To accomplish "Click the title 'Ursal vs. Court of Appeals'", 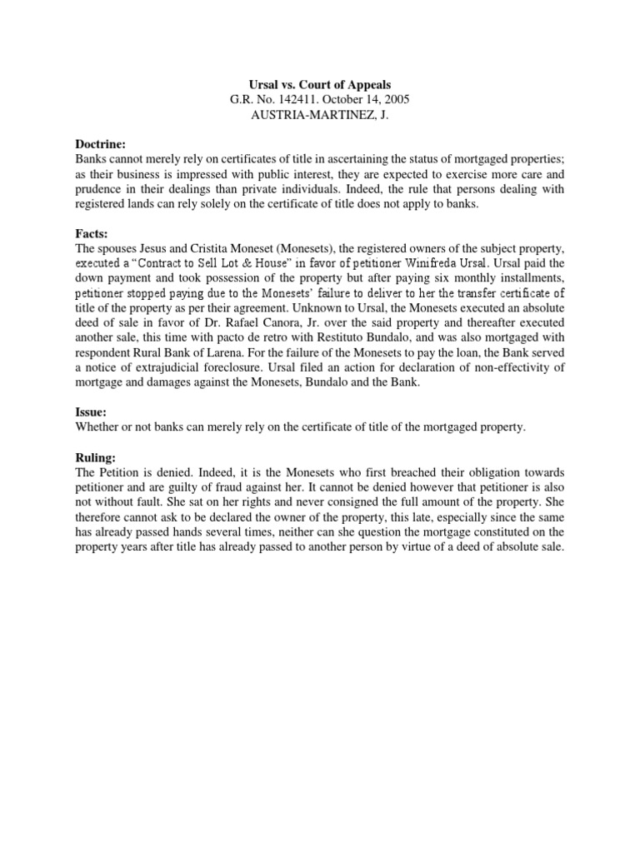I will coord(320,85).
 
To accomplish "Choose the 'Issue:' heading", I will coord(92,412).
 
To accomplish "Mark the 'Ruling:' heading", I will coord(96,457).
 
